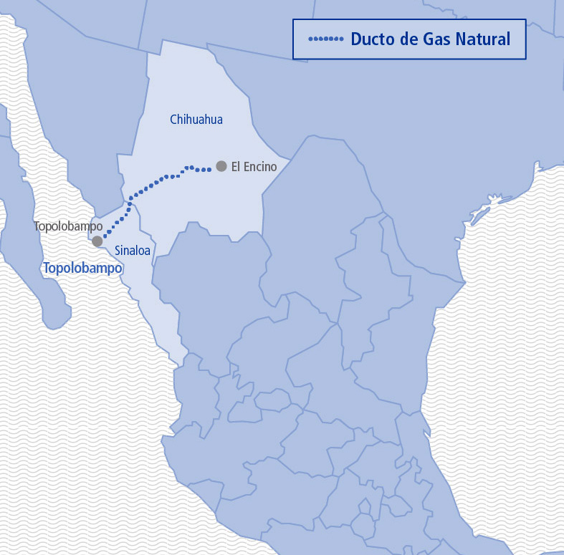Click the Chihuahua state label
click(x=196, y=120)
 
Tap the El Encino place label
click(x=254, y=167)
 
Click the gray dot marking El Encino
click(x=221, y=166)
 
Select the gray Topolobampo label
click(x=68, y=226)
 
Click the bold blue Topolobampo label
click(x=82, y=269)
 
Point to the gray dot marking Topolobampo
click(x=97, y=241)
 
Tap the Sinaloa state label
click(x=132, y=251)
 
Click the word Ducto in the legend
click(x=372, y=39)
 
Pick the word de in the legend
click(x=408, y=39)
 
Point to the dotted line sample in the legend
click(x=325, y=39)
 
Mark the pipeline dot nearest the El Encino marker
click(x=209, y=170)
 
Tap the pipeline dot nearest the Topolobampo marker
click(x=105, y=234)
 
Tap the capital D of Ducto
click(x=356, y=39)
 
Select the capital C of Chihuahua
click(x=173, y=120)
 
